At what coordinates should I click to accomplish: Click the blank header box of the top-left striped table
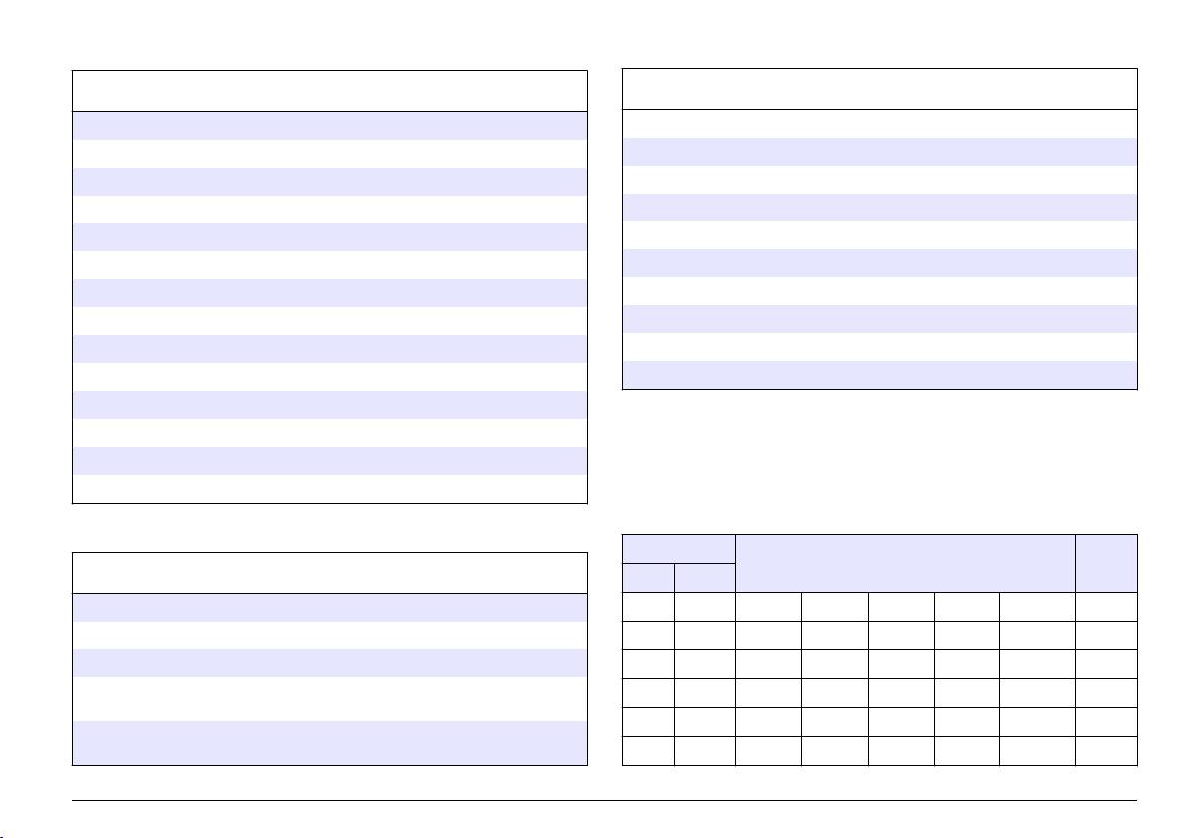click(x=329, y=91)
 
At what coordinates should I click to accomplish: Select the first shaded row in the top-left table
click(x=329, y=125)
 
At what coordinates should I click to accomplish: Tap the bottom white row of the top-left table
click(x=329, y=489)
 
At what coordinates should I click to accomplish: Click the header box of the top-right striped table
click(x=880, y=89)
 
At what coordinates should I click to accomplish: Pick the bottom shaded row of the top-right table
click(x=880, y=374)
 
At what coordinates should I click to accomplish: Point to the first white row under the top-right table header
click(x=880, y=123)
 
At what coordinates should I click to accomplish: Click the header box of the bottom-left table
click(x=329, y=573)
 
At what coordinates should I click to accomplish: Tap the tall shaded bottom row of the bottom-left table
click(x=329, y=742)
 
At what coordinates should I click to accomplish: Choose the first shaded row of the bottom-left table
click(x=329, y=608)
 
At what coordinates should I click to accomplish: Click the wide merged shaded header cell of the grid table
click(x=906, y=563)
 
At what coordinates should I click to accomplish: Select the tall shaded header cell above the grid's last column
click(x=1107, y=563)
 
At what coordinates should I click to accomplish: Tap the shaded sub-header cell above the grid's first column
click(x=648, y=577)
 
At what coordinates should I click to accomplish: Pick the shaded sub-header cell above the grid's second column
click(x=705, y=577)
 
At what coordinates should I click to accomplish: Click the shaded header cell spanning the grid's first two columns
click(x=678, y=548)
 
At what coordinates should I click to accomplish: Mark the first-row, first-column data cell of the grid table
click(x=648, y=607)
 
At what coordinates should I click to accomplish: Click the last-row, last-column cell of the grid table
click(x=1107, y=750)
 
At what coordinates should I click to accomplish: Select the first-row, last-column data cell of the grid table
click(x=1107, y=607)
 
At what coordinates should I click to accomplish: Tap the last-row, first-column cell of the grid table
click(x=648, y=750)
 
